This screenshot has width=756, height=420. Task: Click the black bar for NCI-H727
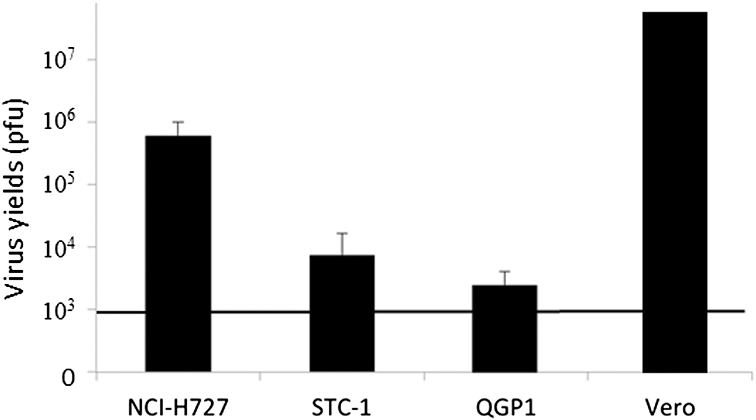coord(178,253)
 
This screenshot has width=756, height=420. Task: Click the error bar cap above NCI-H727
coord(178,122)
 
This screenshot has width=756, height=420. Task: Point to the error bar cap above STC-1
coord(342,233)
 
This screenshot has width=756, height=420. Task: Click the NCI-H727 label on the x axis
coord(178,408)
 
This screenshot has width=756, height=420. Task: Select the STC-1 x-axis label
coord(342,408)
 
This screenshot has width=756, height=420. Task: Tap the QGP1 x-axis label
coord(506,408)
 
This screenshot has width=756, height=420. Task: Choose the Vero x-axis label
coord(670,408)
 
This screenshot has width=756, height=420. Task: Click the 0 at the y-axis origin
coord(68,378)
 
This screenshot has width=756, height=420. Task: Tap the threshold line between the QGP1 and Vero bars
coord(590,312)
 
